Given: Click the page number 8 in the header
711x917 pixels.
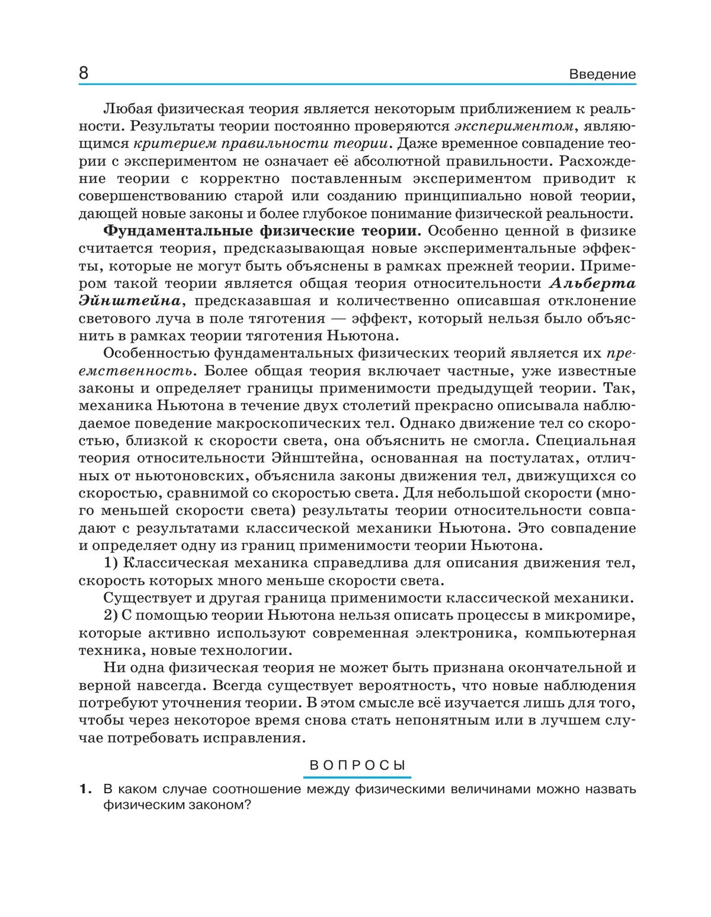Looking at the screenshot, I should [x=84, y=73].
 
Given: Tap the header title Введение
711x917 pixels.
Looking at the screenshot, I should [x=602, y=75].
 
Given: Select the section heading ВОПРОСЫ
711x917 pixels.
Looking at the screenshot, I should [x=358, y=765].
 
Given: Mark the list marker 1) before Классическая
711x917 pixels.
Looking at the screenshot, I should [x=113, y=563].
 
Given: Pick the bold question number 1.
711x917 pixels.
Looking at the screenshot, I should [x=85, y=789].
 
